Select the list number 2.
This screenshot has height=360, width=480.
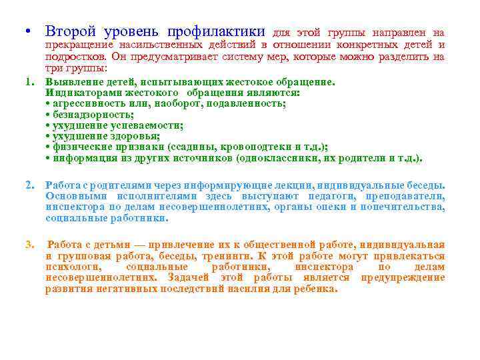click(29, 185)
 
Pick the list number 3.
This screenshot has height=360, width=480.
click(29, 245)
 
